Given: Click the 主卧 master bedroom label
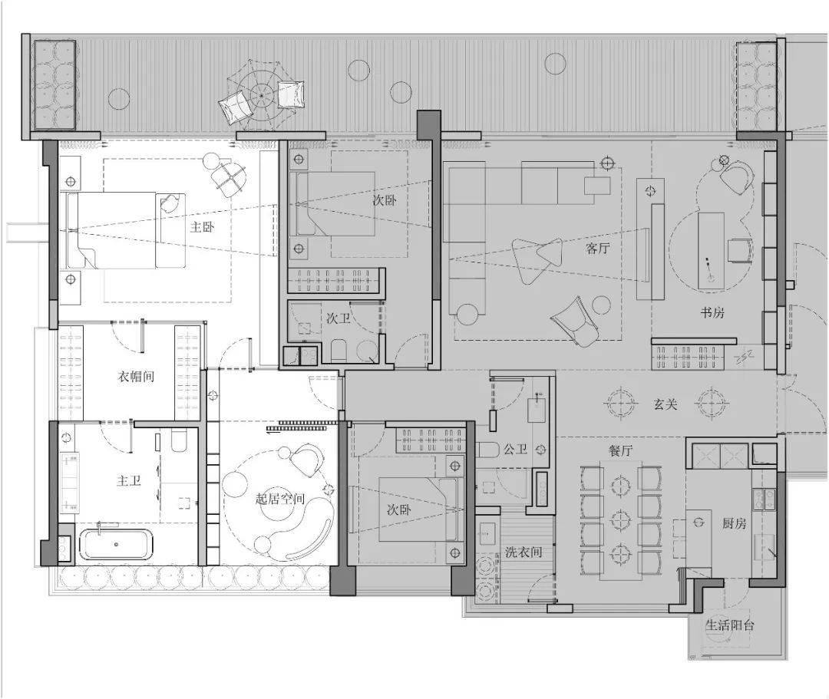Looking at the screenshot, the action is (x=203, y=227).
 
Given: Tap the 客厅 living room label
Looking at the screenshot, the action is (x=598, y=248).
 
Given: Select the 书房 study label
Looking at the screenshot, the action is (x=712, y=312).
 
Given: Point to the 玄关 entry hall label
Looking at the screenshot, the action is (x=665, y=404).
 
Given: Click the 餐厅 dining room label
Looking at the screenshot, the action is (x=621, y=450).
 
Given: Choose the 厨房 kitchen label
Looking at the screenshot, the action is (x=735, y=523).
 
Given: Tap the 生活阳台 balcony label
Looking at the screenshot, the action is (x=730, y=625).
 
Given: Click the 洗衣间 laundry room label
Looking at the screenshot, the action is (x=523, y=552).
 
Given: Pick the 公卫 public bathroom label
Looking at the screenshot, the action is (x=516, y=450).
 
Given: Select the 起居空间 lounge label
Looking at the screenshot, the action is (x=280, y=499).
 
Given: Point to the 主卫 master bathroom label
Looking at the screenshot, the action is (x=129, y=481).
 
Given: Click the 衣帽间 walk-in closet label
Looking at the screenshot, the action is (x=136, y=377).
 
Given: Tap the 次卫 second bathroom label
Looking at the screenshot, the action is (x=339, y=318).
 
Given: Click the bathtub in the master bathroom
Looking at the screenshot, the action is (x=117, y=544).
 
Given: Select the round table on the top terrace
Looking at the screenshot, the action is (x=262, y=94).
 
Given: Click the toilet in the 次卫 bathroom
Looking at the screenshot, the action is (x=339, y=351).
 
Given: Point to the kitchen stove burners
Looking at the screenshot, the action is (x=764, y=500).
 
